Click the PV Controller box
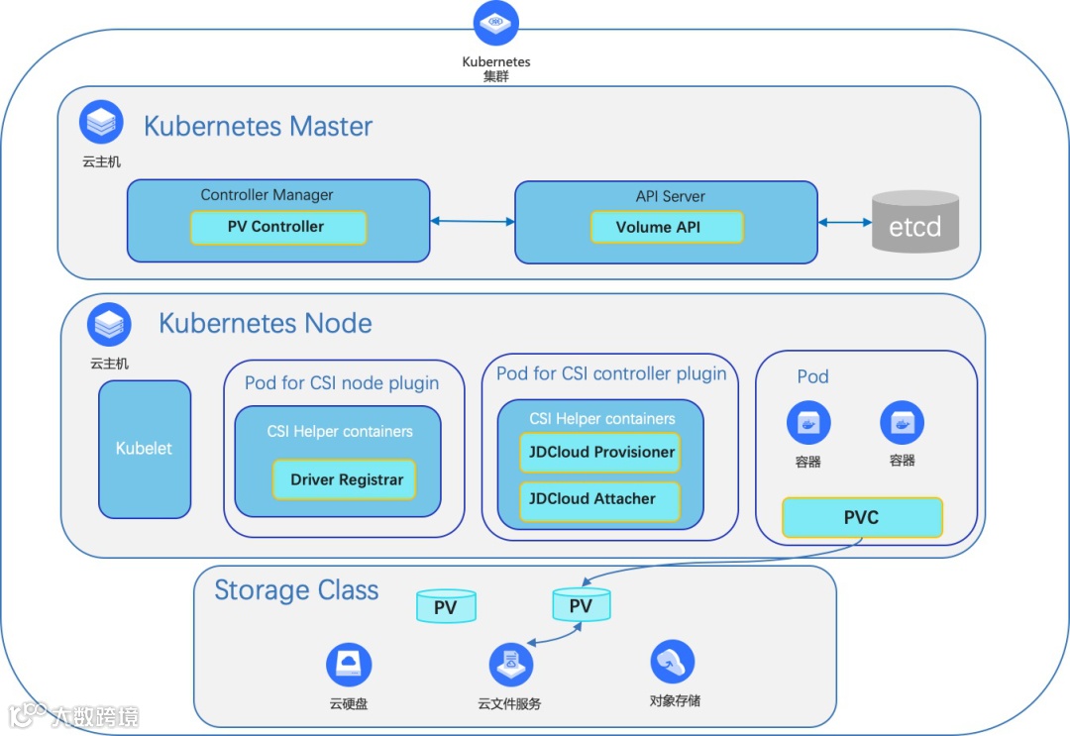tap(278, 227)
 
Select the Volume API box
tap(667, 227)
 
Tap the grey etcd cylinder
tap(915, 222)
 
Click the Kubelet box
tap(145, 449)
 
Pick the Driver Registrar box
tap(344, 479)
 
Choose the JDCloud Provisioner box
tap(599, 453)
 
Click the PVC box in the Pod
tap(863, 517)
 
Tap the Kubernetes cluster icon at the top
tap(496, 23)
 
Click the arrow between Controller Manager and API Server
tap(473, 221)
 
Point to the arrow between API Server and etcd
tap(845, 222)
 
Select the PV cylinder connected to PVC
tap(582, 605)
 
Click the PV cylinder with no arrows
tap(446, 606)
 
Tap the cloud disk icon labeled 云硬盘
tap(349, 665)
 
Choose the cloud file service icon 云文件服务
tap(511, 665)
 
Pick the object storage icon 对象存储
tap(673, 661)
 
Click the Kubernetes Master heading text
tap(258, 126)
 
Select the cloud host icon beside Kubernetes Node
tap(109, 324)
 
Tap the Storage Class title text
tap(296, 590)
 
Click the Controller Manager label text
tap(267, 195)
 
